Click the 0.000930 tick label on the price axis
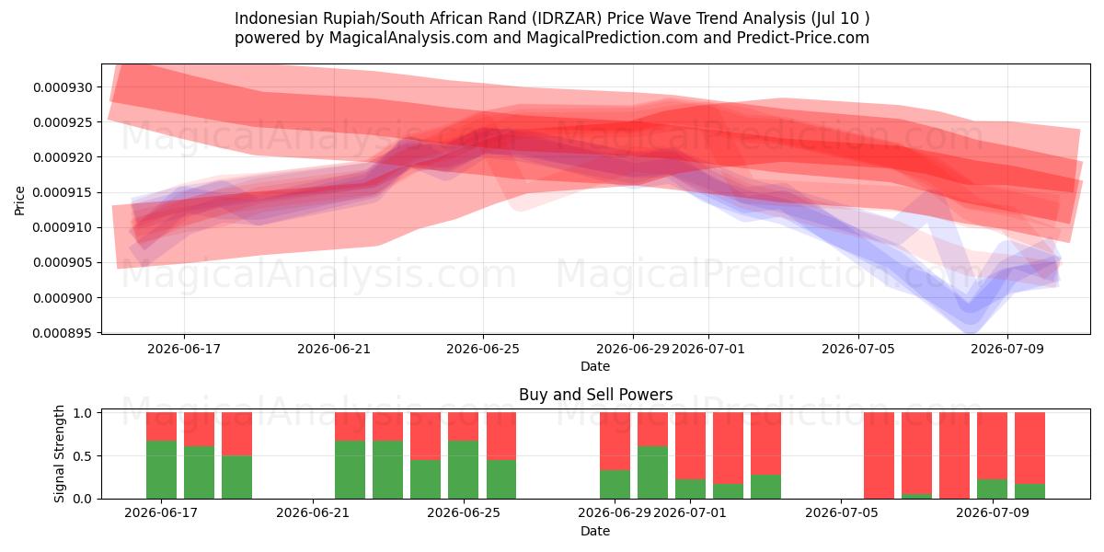click(63, 87)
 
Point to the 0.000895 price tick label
click(63, 334)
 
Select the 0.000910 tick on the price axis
click(63, 228)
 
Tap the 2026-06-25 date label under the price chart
click(483, 349)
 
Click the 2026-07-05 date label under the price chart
click(858, 349)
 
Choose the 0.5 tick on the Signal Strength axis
click(82, 456)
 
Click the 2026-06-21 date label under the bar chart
click(313, 513)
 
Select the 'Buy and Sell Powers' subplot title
click(595, 395)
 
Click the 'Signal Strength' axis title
click(59, 454)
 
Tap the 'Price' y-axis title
click(19, 201)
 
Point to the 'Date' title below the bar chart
click(595, 531)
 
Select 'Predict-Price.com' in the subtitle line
click(803, 38)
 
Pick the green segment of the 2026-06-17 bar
click(161, 470)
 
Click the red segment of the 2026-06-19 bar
click(236, 433)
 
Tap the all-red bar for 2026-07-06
click(879, 455)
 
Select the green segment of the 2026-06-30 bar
click(652, 473)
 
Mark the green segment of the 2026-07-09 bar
click(992, 489)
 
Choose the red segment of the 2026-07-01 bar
click(691, 446)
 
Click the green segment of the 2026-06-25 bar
click(464, 470)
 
